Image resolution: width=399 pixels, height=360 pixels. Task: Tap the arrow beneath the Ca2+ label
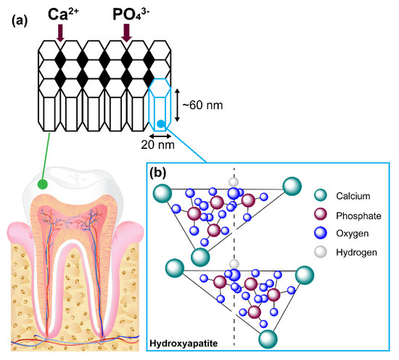[x=60, y=32]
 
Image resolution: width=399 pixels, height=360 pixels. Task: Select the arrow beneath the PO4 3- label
[x=127, y=32]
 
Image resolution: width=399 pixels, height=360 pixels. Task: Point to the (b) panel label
[x=162, y=173]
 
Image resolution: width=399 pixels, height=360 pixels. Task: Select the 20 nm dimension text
[x=161, y=144]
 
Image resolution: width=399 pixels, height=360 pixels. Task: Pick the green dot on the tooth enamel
[x=45, y=184]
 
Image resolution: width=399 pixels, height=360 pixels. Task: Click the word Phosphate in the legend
[x=358, y=216]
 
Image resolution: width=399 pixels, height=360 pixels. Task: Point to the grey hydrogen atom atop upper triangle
[x=233, y=181]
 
